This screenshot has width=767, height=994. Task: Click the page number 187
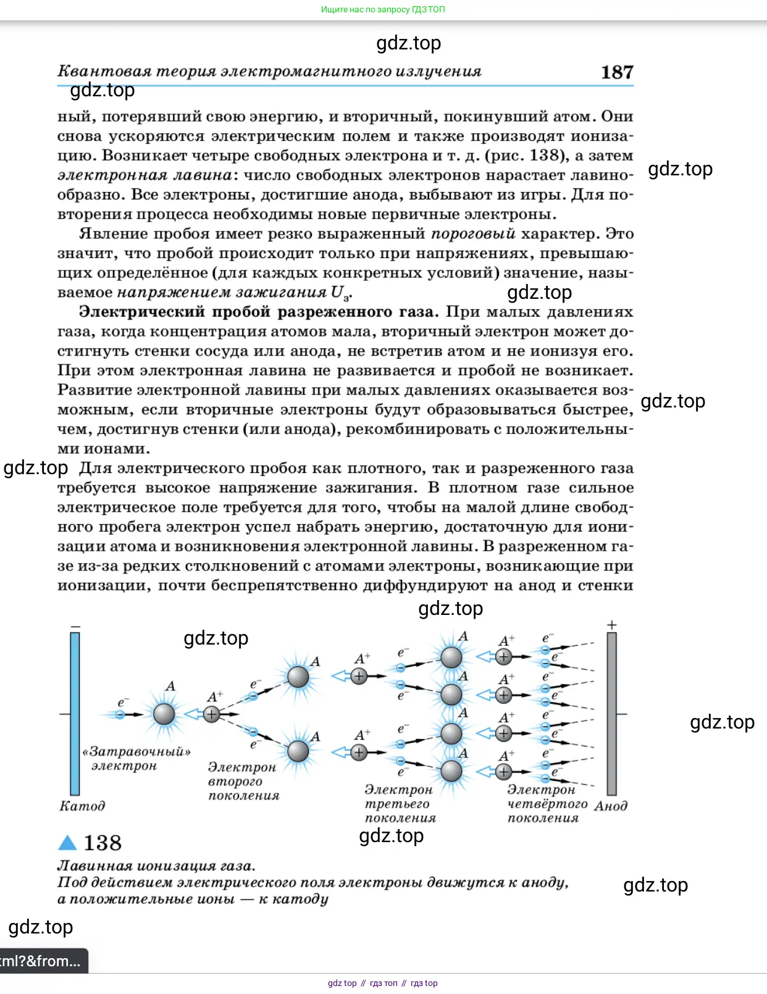617,72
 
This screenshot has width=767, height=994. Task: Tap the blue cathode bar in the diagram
75,713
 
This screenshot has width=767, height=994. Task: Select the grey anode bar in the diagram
611,713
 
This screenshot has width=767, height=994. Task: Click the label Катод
82,806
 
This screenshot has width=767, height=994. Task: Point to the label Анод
611,806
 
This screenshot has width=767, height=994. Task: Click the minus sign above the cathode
75,627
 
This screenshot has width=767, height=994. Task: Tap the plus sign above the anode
612,625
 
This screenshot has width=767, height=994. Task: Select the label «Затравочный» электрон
136,759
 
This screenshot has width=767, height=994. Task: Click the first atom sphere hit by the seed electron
164,714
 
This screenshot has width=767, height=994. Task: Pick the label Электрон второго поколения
243,781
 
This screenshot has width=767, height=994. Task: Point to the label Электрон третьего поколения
400,803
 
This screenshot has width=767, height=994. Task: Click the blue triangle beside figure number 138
67,842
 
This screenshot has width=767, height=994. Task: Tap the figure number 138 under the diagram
102,843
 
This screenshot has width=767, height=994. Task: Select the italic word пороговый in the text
473,234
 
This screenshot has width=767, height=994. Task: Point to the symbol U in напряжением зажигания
337,292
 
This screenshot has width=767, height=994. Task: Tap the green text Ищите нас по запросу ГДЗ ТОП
383,9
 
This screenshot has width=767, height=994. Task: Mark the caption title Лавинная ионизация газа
156,866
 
